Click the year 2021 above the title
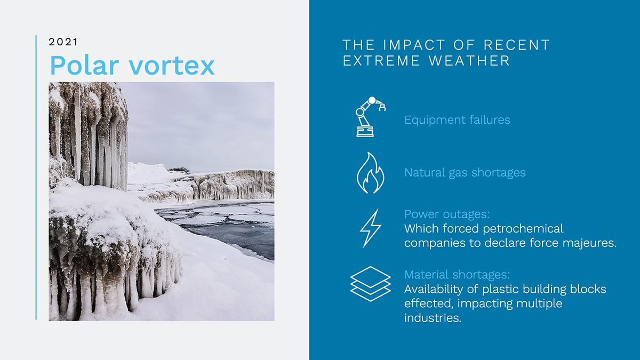(63, 42)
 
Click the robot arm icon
(370, 116)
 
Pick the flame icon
(370, 173)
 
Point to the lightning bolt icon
(370, 228)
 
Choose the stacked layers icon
(370, 283)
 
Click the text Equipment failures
(457, 120)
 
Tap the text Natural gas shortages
(465, 173)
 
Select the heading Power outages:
(447, 214)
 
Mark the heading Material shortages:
(457, 275)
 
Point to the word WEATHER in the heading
(469, 61)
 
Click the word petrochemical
(523, 229)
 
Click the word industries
(433, 318)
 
